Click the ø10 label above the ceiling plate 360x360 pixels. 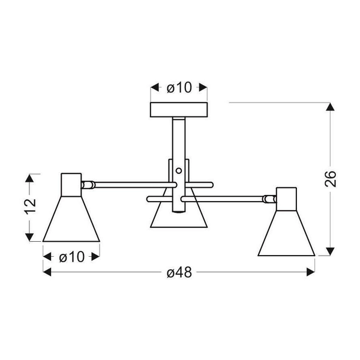tap(178, 88)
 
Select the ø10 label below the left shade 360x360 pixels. tap(71, 257)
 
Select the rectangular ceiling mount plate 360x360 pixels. tap(178, 110)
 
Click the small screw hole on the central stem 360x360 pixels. tap(178, 170)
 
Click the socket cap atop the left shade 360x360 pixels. tap(71, 183)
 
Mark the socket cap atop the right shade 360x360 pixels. tap(286, 198)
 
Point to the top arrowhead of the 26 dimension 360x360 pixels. tap(329, 108)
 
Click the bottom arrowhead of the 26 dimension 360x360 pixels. tap(329, 251)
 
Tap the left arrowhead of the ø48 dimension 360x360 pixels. tap(48, 272)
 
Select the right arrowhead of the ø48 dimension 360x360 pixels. tap(311, 272)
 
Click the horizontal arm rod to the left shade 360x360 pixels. tap(126, 182)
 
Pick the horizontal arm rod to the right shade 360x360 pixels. tap(234, 196)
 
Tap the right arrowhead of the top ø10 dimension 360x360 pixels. tap(203, 88)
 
